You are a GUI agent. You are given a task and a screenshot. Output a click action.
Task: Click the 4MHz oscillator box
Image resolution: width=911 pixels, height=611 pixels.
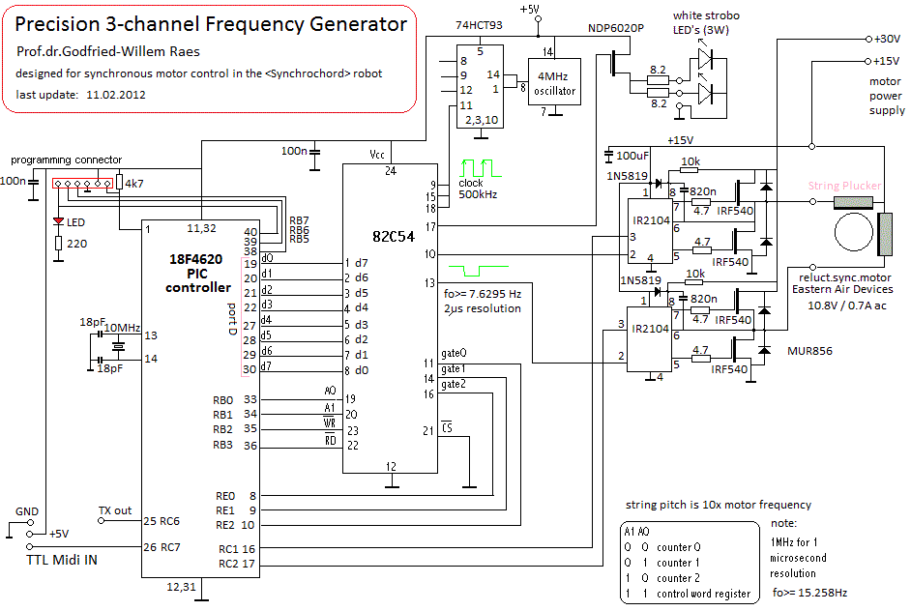pyautogui.click(x=554, y=84)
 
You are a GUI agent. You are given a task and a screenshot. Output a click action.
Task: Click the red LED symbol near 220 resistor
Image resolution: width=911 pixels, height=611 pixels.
pyautogui.click(x=57, y=221)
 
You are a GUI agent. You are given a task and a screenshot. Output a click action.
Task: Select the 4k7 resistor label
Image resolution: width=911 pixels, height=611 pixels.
pyautogui.click(x=135, y=182)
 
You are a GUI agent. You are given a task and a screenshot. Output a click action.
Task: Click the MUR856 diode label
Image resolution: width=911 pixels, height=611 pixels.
pyautogui.click(x=810, y=351)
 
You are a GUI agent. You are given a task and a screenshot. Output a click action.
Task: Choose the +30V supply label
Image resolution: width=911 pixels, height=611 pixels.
pyautogui.click(x=886, y=40)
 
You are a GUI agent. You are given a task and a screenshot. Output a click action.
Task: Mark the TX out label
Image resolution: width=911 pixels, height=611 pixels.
pyautogui.click(x=115, y=510)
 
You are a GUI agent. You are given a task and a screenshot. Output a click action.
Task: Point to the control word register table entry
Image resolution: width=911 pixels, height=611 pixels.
pyautogui.click(x=703, y=594)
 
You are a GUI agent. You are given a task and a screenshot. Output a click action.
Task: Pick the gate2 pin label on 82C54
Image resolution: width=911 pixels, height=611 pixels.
pyautogui.click(x=454, y=384)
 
